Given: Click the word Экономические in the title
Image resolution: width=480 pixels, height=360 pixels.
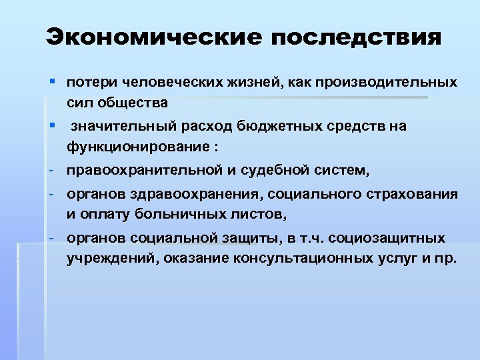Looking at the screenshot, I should click(153, 37).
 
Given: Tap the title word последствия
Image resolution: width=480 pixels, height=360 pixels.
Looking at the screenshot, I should click(355, 37).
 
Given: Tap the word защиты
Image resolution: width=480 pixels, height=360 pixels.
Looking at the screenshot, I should click(265, 239).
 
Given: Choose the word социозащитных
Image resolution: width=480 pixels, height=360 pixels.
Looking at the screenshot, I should click(395, 238).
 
